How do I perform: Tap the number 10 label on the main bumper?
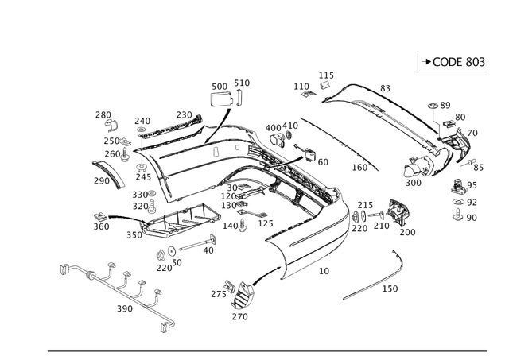click(x=324, y=271)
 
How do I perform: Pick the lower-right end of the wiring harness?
click(x=165, y=324)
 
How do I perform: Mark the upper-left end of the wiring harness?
click(x=65, y=268)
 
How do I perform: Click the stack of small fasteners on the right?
click(x=460, y=199)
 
